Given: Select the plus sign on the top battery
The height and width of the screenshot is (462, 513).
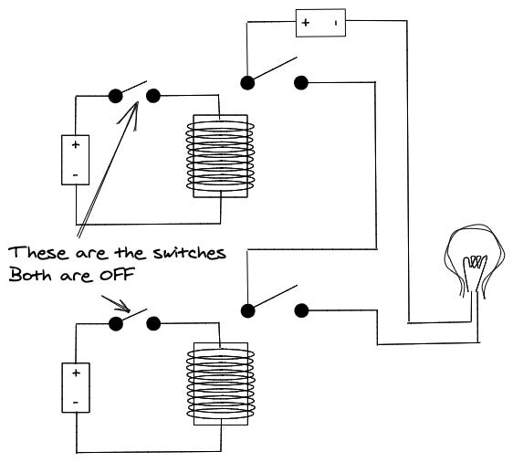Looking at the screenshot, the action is [x=306, y=23].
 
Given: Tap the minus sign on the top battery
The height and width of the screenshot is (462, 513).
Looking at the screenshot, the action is [x=336, y=23].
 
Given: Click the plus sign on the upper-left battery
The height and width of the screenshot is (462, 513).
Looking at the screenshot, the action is [x=76, y=144].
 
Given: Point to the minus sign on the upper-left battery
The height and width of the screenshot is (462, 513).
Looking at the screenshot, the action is [x=76, y=175].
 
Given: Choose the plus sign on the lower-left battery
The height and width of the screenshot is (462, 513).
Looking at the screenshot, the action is [x=76, y=373].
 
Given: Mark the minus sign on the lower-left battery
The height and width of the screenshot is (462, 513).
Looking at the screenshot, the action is [x=76, y=402].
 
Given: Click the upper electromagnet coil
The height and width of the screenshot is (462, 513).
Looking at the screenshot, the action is [x=220, y=156].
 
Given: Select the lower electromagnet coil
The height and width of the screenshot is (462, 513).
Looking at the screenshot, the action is [x=221, y=383].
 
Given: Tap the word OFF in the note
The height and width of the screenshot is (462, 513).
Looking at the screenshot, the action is [x=118, y=275].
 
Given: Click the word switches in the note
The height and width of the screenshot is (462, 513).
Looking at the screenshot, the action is [x=190, y=253].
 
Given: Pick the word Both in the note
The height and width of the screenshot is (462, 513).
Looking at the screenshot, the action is [x=30, y=275].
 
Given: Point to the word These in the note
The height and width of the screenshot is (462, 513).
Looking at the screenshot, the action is [x=38, y=253].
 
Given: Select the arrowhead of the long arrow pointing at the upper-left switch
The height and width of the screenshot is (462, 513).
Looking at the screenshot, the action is [x=131, y=114].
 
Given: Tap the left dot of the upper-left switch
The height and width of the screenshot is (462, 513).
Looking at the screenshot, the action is [x=115, y=96].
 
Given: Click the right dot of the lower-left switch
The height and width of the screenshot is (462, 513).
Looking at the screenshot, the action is [x=153, y=324].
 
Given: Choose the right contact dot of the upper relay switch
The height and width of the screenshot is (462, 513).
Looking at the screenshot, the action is [x=301, y=82].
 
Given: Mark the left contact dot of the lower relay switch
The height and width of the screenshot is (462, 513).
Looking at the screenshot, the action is [x=247, y=310].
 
